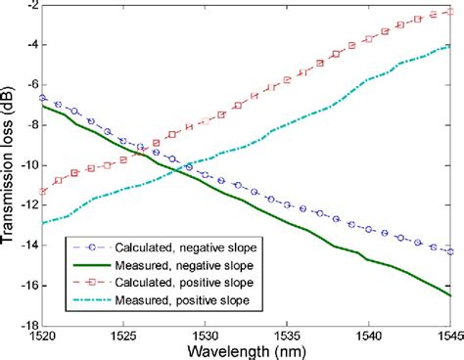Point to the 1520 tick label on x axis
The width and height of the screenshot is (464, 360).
(41, 334)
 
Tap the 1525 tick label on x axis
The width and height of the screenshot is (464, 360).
(122, 334)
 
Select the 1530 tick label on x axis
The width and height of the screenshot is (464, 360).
(205, 334)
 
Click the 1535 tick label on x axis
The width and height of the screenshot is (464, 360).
(286, 334)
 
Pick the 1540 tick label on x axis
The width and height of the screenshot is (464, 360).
(368, 334)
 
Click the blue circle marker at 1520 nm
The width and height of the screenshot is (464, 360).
(41, 98)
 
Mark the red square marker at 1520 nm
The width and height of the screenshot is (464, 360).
(41, 192)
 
